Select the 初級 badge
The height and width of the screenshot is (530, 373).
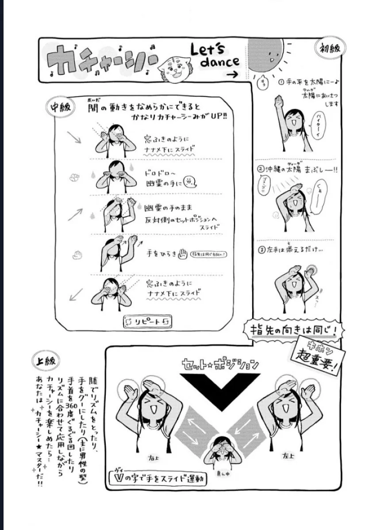click(x=330, y=48)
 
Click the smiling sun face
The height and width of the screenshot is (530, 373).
click(x=265, y=55)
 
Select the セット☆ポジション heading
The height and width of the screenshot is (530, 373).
click(x=220, y=365)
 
